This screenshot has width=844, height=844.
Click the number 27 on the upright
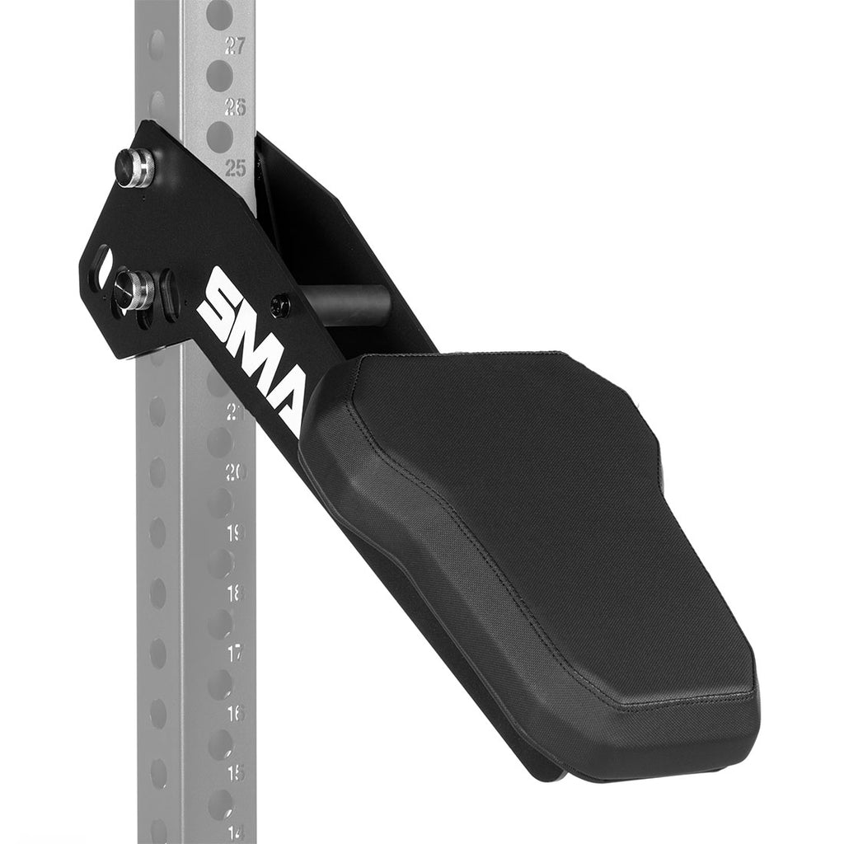(235, 46)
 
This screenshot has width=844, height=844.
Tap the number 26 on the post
(236, 106)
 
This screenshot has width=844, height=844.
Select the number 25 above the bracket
(236, 167)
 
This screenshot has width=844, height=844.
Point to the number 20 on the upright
(236, 471)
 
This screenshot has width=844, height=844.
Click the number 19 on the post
(236, 532)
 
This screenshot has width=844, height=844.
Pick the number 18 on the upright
(236, 593)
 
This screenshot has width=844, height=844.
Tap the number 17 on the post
(236, 653)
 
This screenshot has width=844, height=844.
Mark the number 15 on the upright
(236, 773)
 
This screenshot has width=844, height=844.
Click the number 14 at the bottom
(236, 832)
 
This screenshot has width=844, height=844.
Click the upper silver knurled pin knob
(134, 167)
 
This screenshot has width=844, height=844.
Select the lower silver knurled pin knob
(133, 290)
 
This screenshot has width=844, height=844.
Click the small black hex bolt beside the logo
(280, 305)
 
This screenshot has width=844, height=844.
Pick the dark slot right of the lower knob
(170, 295)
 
